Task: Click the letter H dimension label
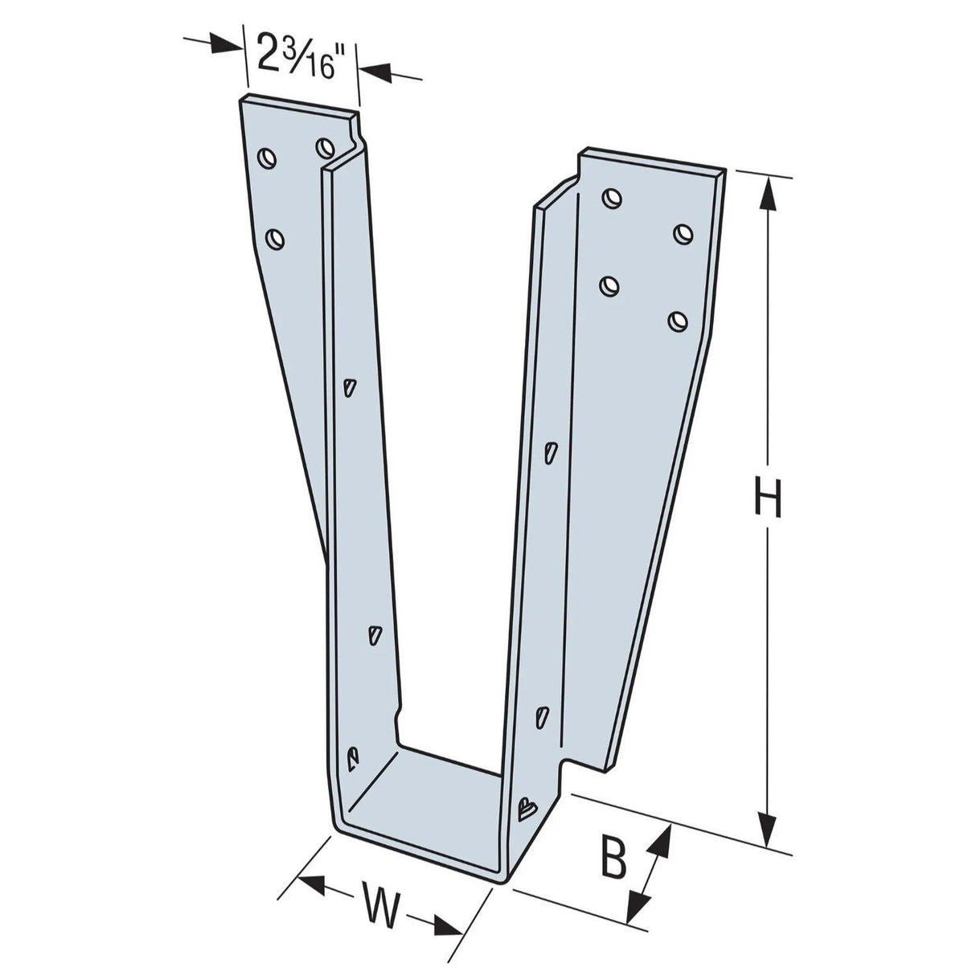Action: [x=768, y=498]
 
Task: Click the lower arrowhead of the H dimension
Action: [x=769, y=828]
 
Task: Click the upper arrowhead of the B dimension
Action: [x=662, y=840]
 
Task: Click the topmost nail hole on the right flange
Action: [x=613, y=197]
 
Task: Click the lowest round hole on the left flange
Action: [x=275, y=238]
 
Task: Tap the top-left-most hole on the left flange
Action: [x=267, y=157]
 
